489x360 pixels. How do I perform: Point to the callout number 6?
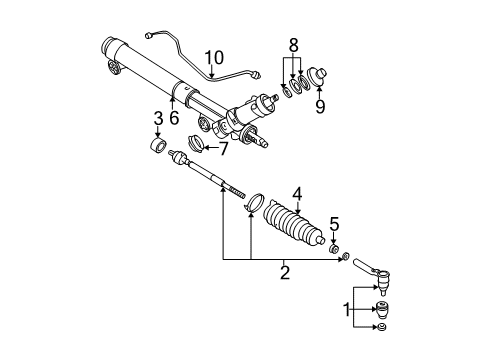tap(172, 118)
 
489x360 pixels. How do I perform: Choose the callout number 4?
tap(296, 195)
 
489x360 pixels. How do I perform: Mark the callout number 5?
tap(336, 225)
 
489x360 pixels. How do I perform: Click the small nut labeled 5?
tap(336, 249)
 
